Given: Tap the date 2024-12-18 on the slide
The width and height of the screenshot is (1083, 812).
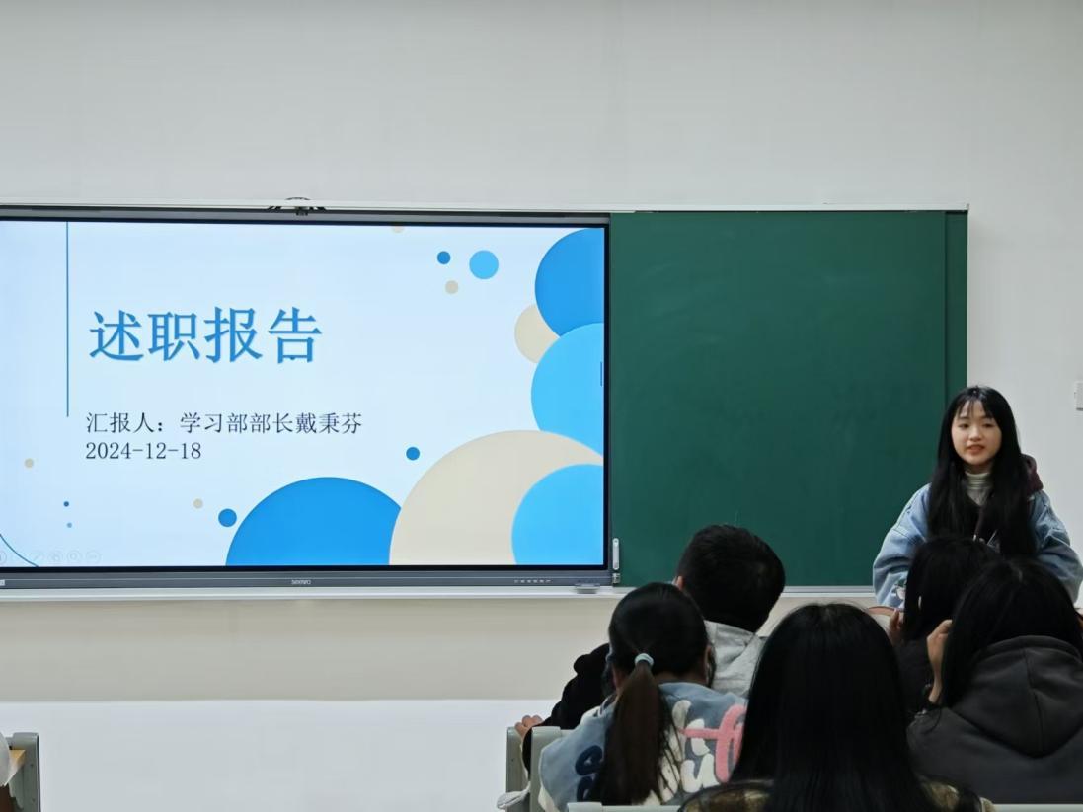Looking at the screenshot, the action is pyautogui.click(x=143, y=451).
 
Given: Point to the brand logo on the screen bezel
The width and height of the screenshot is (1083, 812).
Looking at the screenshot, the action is pyautogui.click(x=300, y=582).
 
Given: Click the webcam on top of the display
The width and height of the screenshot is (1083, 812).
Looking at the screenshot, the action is pyautogui.click(x=297, y=205).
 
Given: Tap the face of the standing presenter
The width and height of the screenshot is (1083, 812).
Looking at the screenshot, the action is pyautogui.click(x=976, y=438).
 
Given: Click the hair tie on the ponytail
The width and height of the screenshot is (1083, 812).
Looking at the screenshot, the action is pyautogui.click(x=644, y=661).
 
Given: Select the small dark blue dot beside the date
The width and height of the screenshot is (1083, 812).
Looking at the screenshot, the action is pyautogui.click(x=413, y=453).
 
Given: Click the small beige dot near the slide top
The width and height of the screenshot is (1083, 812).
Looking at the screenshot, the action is pyautogui.click(x=452, y=286).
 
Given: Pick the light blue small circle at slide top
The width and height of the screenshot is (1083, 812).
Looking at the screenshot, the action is pyautogui.click(x=484, y=264).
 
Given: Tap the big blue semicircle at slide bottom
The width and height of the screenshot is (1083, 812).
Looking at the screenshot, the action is pyautogui.click(x=314, y=523).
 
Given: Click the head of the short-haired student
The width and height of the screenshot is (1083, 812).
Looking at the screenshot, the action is pyautogui.click(x=731, y=575).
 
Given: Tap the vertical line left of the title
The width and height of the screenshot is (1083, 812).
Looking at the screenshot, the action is pyautogui.click(x=68, y=319).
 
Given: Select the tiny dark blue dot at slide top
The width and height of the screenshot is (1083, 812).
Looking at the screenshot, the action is pyautogui.click(x=443, y=258).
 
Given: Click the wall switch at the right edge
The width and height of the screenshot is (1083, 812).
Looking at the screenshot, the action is pyautogui.click(x=1078, y=395).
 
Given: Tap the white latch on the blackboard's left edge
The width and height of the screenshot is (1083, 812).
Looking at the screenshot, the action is pyautogui.click(x=615, y=554).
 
